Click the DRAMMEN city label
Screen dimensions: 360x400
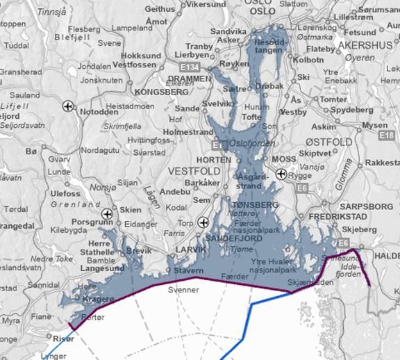click(190, 79)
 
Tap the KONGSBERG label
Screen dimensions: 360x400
click(162, 91)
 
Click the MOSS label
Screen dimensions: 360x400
click(285, 158)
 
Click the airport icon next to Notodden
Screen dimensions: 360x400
click(68, 106)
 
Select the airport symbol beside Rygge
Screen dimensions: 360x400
click(281, 174)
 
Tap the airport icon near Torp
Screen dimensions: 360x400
click(202, 222)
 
